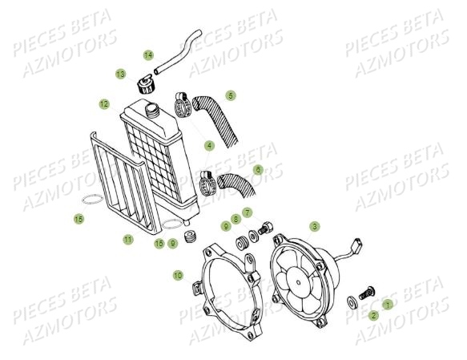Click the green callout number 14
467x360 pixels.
point(148,55)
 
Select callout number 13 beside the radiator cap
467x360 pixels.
point(120,74)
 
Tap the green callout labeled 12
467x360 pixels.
point(104,103)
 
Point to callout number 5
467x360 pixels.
point(231,95)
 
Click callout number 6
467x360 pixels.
point(258,170)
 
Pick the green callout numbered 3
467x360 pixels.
point(315,227)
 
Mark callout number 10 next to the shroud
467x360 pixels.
point(177,275)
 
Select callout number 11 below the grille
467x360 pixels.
point(127,239)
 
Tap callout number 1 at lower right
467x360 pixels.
point(388,304)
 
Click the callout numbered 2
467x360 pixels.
point(373,315)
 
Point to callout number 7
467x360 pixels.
point(248,213)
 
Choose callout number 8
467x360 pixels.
point(236,218)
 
